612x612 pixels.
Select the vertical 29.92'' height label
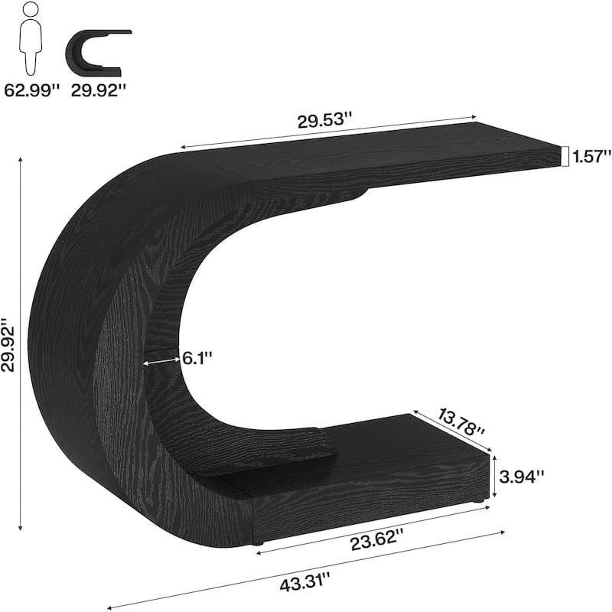(9, 344)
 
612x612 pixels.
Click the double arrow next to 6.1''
(163, 357)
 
